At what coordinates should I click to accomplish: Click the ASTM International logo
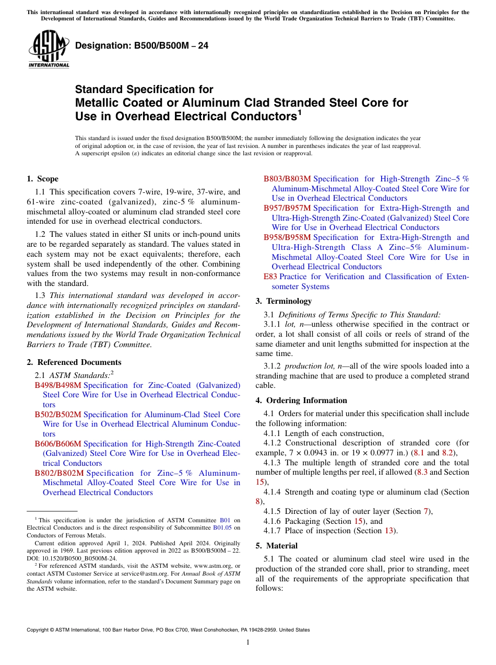(x=49, y=49)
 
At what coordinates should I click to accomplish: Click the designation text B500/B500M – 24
(x=141, y=45)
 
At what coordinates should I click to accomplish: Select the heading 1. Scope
(x=42, y=179)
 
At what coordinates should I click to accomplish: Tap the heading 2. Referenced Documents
(x=74, y=362)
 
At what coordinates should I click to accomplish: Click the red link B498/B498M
(x=58, y=385)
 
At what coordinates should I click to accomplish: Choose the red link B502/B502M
(x=58, y=415)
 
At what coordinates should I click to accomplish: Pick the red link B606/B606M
(x=58, y=444)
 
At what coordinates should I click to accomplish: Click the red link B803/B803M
(x=287, y=179)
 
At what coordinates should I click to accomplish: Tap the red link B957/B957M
(x=287, y=208)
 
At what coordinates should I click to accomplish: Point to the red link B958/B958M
(x=287, y=237)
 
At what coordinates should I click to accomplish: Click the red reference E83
(x=270, y=277)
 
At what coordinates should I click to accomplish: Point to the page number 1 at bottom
(x=248, y=643)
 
